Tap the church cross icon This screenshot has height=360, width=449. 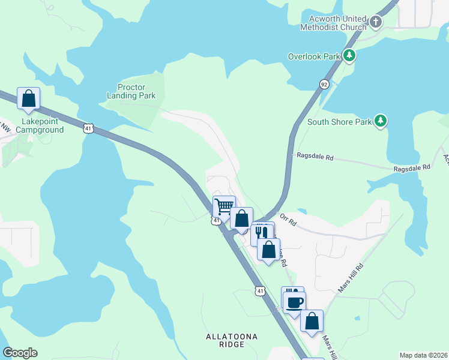click(x=376, y=23)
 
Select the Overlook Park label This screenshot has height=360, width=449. click(x=313, y=57)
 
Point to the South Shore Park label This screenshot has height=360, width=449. click(x=339, y=122)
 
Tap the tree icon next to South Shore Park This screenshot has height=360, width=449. click(x=380, y=121)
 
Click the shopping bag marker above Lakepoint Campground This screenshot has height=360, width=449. click(x=28, y=98)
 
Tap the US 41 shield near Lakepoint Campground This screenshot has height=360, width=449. click(x=88, y=128)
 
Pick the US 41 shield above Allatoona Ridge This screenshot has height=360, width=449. click(x=259, y=291)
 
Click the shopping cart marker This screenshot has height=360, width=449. click(x=224, y=206)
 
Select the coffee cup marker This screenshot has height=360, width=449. click(x=294, y=302)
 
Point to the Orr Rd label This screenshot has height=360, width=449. click(x=289, y=223)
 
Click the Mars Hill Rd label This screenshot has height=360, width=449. click(x=351, y=278)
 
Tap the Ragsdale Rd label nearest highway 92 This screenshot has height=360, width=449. click(x=315, y=157)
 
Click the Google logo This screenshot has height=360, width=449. click(x=20, y=353)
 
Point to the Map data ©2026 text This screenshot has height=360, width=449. click(x=423, y=355)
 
